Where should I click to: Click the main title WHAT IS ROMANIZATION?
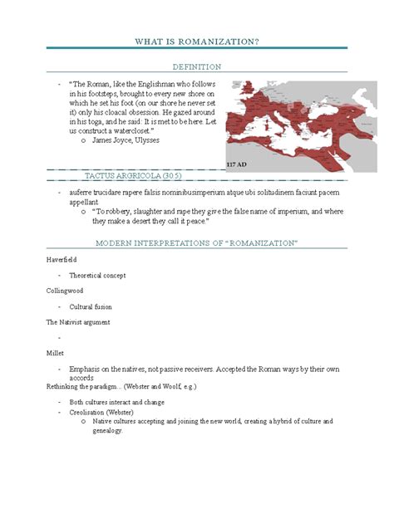pos(196,42)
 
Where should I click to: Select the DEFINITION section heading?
pos(196,66)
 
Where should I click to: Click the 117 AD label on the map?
pos(238,165)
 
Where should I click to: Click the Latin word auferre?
pos(82,192)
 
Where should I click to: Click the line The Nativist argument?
pos(78,321)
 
